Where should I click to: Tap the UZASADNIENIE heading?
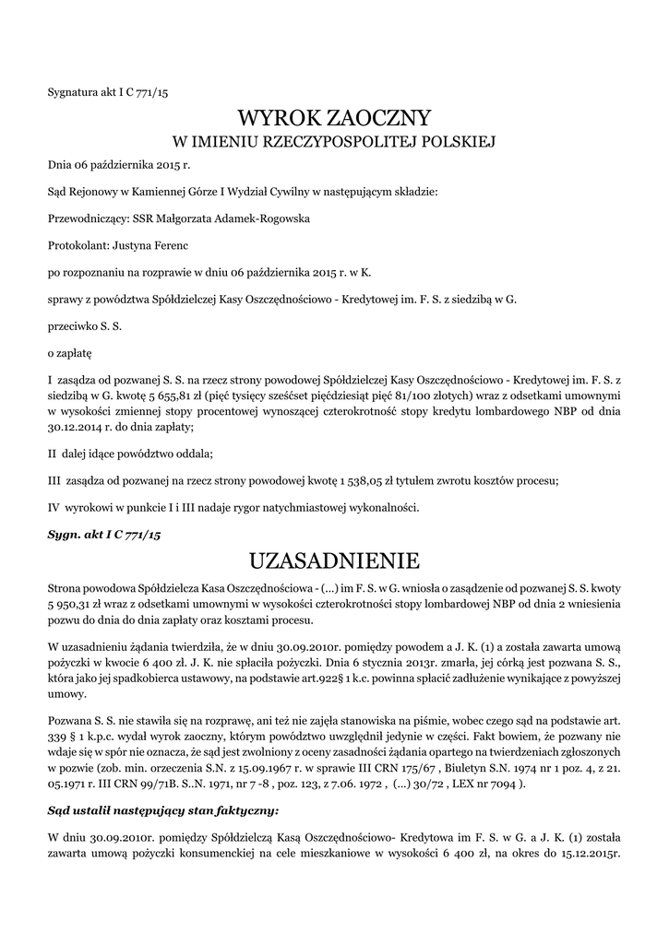[x=334, y=560]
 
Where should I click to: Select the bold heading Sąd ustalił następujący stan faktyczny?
[x=162, y=812]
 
